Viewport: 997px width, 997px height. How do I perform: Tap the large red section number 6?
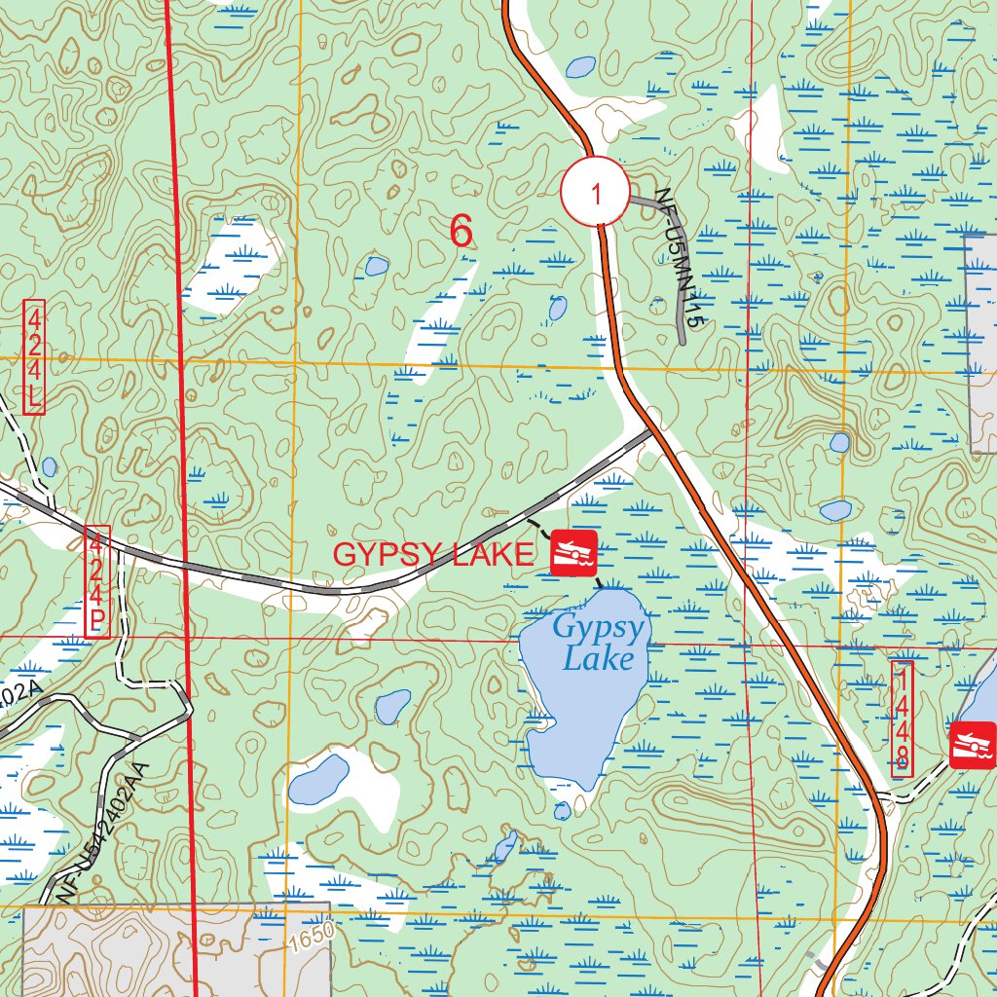click(x=462, y=232)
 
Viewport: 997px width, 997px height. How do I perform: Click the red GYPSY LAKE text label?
click(x=434, y=555)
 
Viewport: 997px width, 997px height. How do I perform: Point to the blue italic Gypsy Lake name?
click(x=599, y=643)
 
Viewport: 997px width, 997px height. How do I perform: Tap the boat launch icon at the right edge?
click(x=974, y=745)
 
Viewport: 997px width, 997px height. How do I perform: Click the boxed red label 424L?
click(x=34, y=357)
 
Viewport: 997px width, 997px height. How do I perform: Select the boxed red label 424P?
click(x=97, y=582)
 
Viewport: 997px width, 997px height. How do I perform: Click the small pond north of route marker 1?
click(x=580, y=67)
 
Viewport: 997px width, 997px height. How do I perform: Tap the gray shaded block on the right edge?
click(x=983, y=341)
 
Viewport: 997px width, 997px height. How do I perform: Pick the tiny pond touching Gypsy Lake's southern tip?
click(x=562, y=810)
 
